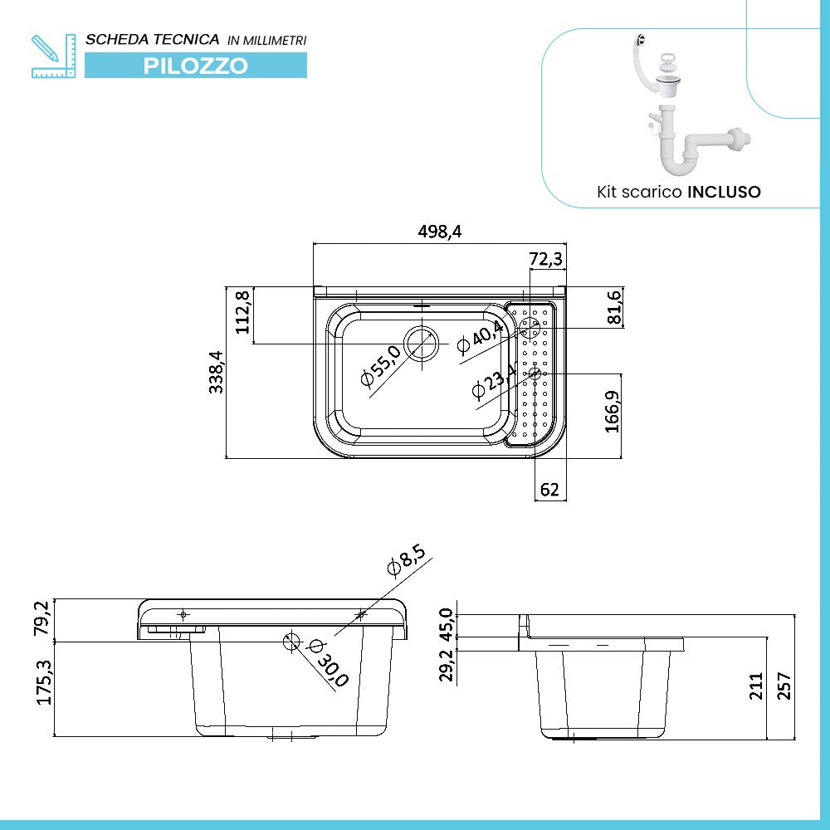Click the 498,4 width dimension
[438, 232]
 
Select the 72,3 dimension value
[546, 260]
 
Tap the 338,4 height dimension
[217, 372]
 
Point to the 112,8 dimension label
[243, 312]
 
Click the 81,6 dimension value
[614, 307]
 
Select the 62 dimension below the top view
[549, 490]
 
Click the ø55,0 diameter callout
[381, 367]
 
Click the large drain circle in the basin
[421, 344]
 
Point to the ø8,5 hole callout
[406, 561]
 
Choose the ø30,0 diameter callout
[329, 663]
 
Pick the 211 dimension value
[756, 687]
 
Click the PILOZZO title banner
[196, 66]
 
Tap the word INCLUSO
[724, 192]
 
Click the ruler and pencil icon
[53, 56]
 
